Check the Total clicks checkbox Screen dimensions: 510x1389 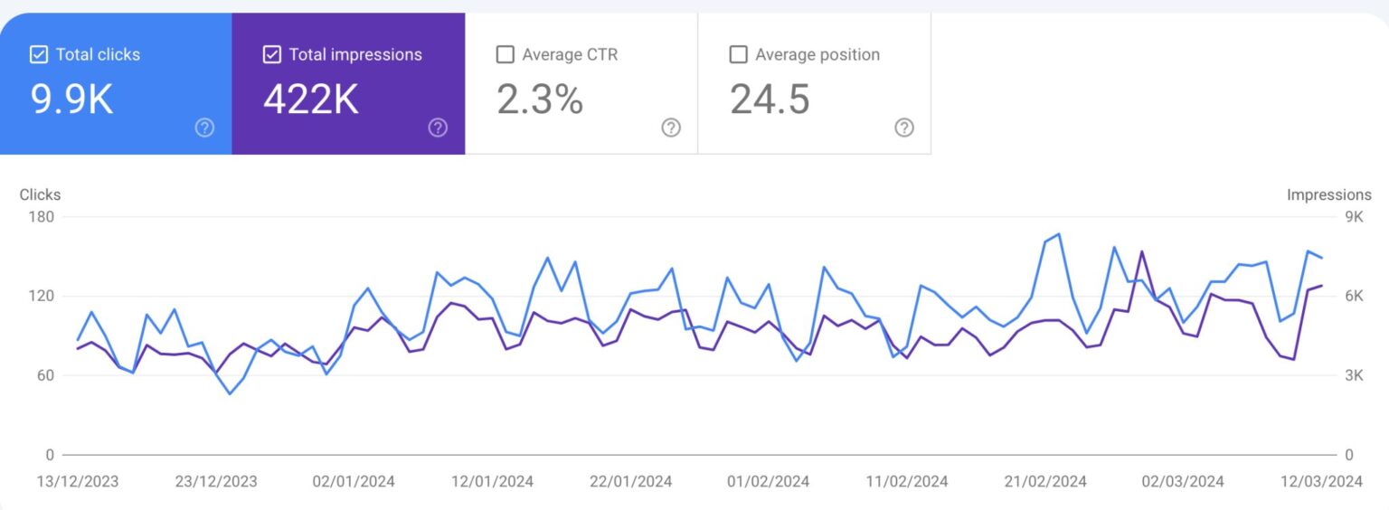tap(39, 55)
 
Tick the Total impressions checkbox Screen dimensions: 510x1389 tap(271, 55)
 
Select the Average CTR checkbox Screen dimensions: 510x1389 tap(505, 55)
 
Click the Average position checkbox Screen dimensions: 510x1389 tap(738, 55)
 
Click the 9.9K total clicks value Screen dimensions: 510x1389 tap(72, 99)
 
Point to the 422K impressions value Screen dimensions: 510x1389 tap(311, 99)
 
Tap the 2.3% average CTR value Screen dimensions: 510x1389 tap(540, 99)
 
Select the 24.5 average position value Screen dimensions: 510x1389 tap(770, 99)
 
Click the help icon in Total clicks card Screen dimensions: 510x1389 tap(205, 127)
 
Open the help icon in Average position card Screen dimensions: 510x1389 tap(903, 127)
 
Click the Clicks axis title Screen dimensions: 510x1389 tap(40, 194)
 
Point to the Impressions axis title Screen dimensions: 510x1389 tap(1328, 194)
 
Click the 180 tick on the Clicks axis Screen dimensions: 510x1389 tap(43, 217)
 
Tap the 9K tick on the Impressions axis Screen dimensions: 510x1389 tap(1353, 217)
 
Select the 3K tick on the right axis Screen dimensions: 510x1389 tap(1353, 375)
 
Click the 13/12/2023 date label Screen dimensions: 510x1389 tap(78, 481)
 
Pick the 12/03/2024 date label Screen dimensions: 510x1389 tap(1322, 481)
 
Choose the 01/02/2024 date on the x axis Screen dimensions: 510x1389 tap(768, 481)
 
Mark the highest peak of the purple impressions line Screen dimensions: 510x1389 tap(1142, 251)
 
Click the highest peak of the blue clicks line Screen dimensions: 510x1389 tap(1058, 233)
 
